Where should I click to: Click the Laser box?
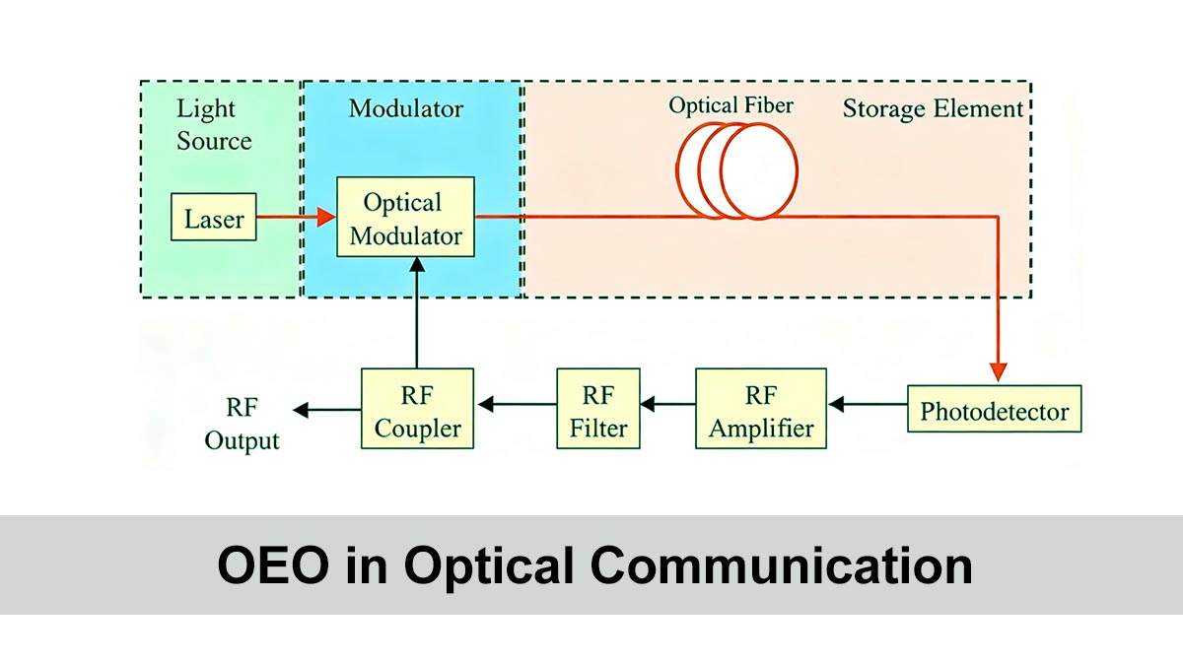(214, 218)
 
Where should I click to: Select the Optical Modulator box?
(405, 218)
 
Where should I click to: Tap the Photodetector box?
(994, 411)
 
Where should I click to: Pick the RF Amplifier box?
(761, 412)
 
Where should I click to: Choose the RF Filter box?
(597, 412)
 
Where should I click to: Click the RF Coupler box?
(417, 412)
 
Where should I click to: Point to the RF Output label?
(242, 425)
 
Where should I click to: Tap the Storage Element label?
(933, 108)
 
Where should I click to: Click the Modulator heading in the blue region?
(405, 107)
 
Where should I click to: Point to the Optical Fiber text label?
(731, 104)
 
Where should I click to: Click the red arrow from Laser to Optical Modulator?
(297, 218)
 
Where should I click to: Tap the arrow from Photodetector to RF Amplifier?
(868, 404)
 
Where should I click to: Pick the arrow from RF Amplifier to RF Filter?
(667, 404)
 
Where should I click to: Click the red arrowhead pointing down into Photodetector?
(999, 370)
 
